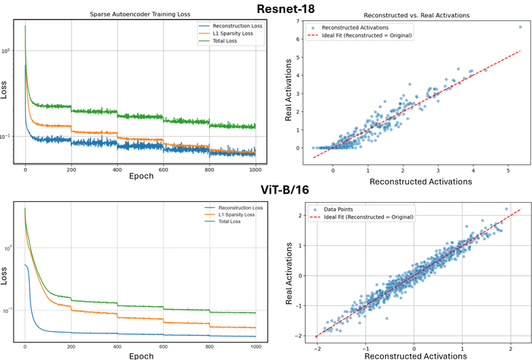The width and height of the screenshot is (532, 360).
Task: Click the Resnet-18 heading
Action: point(266,7)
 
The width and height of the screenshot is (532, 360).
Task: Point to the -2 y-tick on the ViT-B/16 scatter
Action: point(303,335)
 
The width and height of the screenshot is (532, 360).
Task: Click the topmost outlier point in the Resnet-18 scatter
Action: point(520,27)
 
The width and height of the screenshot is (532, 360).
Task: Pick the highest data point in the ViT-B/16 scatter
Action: point(506,209)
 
